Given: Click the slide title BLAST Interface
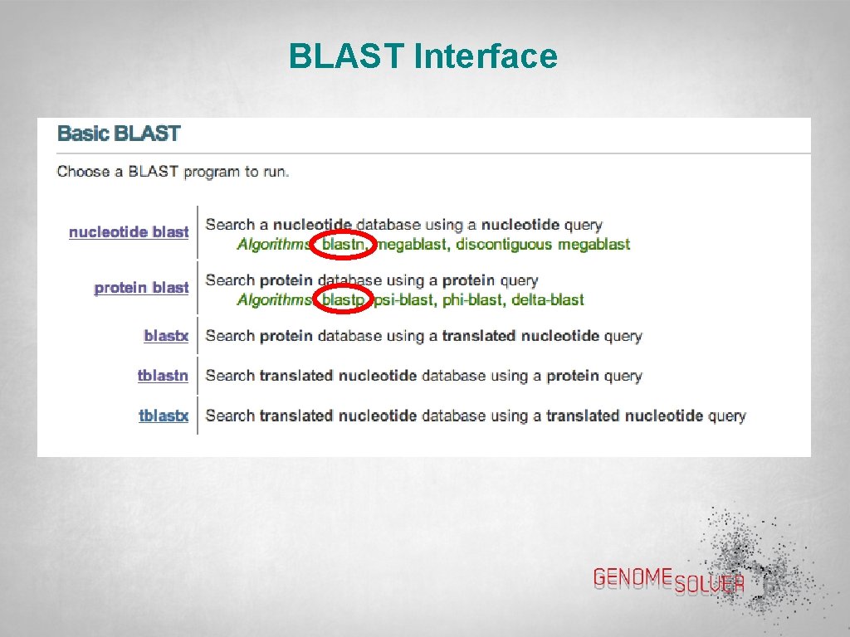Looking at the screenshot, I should (423, 57).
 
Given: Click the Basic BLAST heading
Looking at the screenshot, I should (119, 134).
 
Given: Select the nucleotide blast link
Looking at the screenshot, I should (129, 232).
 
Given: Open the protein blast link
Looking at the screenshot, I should (141, 288).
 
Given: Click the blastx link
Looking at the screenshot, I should (166, 336).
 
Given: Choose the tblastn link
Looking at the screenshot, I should (163, 376).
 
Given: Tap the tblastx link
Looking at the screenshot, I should (164, 416).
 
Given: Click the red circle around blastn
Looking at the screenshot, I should (342, 245).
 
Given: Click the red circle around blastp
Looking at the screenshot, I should (341, 299).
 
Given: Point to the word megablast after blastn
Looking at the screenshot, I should (413, 245).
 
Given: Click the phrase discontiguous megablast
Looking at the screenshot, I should (543, 245).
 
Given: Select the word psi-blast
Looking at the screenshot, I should (404, 300).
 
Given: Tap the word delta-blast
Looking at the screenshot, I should (548, 300).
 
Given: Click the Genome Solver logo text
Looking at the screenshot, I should (668, 580).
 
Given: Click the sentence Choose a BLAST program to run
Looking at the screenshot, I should (173, 172).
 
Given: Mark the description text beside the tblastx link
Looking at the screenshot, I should (476, 416).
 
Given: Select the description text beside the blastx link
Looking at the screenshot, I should (423, 336).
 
